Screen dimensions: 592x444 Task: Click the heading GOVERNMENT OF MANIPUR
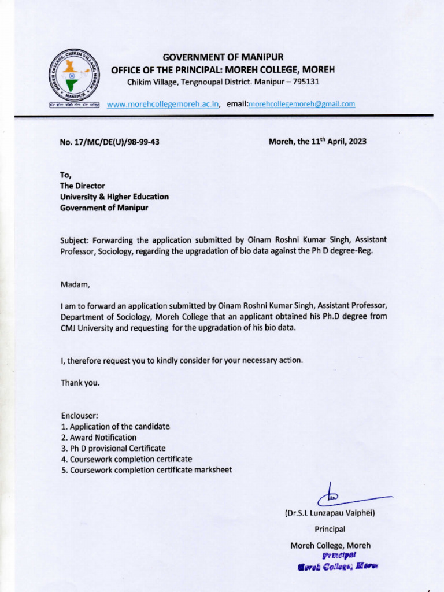click(x=223, y=57)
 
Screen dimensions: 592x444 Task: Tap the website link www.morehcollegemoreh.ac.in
click(x=163, y=104)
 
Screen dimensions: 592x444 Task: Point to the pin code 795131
click(x=306, y=82)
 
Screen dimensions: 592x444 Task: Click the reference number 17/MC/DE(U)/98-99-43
click(x=110, y=142)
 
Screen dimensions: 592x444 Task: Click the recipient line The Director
click(x=83, y=186)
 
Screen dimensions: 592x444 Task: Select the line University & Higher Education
click(x=114, y=197)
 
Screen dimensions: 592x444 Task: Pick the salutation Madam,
click(x=75, y=284)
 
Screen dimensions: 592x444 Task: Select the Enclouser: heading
click(x=80, y=415)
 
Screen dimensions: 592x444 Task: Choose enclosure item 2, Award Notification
click(x=99, y=437)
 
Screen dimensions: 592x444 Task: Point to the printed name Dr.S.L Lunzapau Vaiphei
click(x=330, y=513)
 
